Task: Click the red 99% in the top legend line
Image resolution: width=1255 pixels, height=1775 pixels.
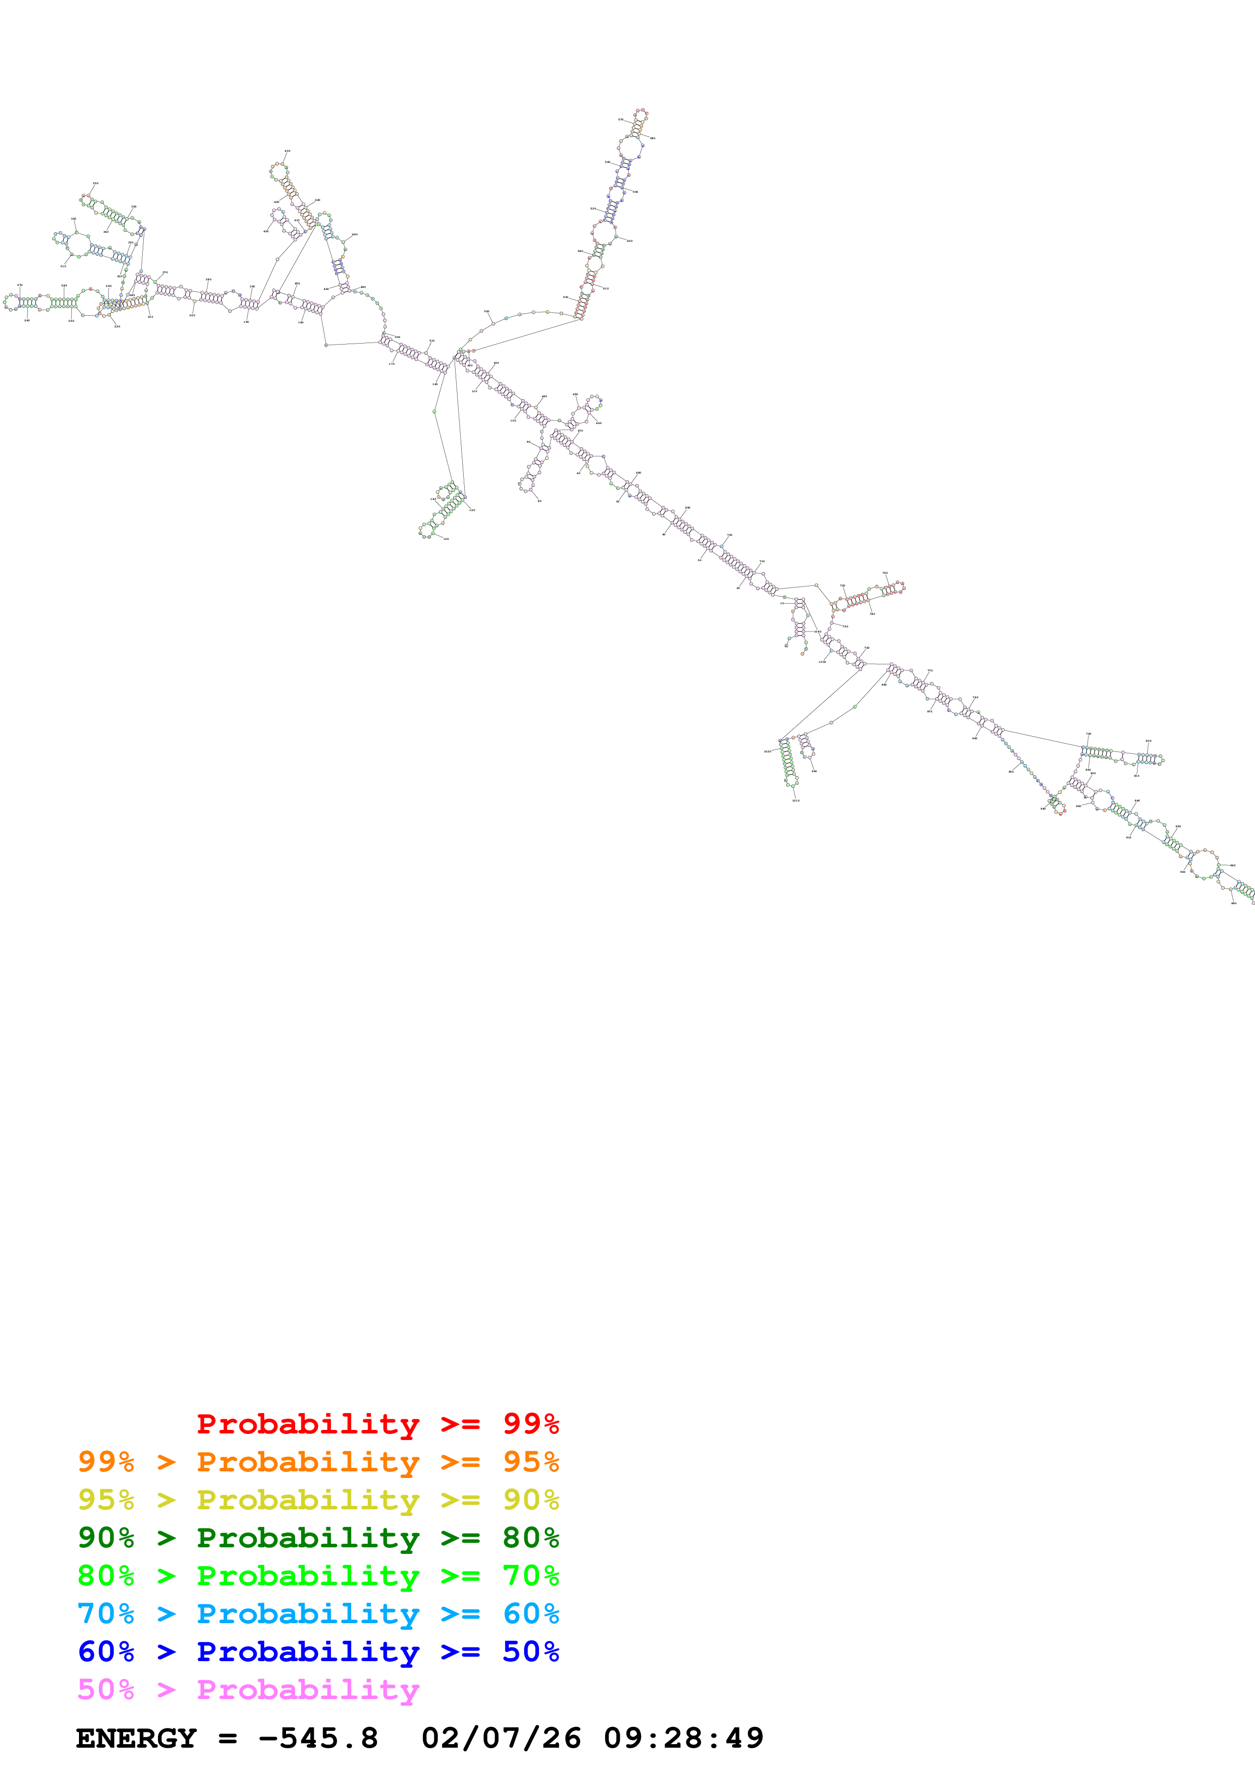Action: pyautogui.click(x=531, y=1423)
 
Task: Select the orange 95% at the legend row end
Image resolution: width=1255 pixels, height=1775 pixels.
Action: pyautogui.click(x=531, y=1461)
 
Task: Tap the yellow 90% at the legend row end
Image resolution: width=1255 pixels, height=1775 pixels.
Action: pyautogui.click(x=531, y=1499)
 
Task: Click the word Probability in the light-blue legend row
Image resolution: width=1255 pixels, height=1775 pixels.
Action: pyautogui.click(x=308, y=1614)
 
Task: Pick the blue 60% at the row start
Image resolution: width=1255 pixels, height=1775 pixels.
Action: pyautogui.click(x=106, y=1652)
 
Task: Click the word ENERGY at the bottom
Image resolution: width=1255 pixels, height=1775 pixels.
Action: pyautogui.click(x=136, y=1738)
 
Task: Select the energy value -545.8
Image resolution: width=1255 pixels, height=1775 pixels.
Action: pyautogui.click(x=318, y=1738)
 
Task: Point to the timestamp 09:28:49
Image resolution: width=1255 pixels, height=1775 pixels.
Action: pyautogui.click(x=683, y=1738)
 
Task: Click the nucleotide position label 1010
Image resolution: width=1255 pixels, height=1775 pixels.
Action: pyautogui.click(x=796, y=800)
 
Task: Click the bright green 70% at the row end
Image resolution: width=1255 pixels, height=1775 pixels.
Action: pyautogui.click(x=531, y=1576)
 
